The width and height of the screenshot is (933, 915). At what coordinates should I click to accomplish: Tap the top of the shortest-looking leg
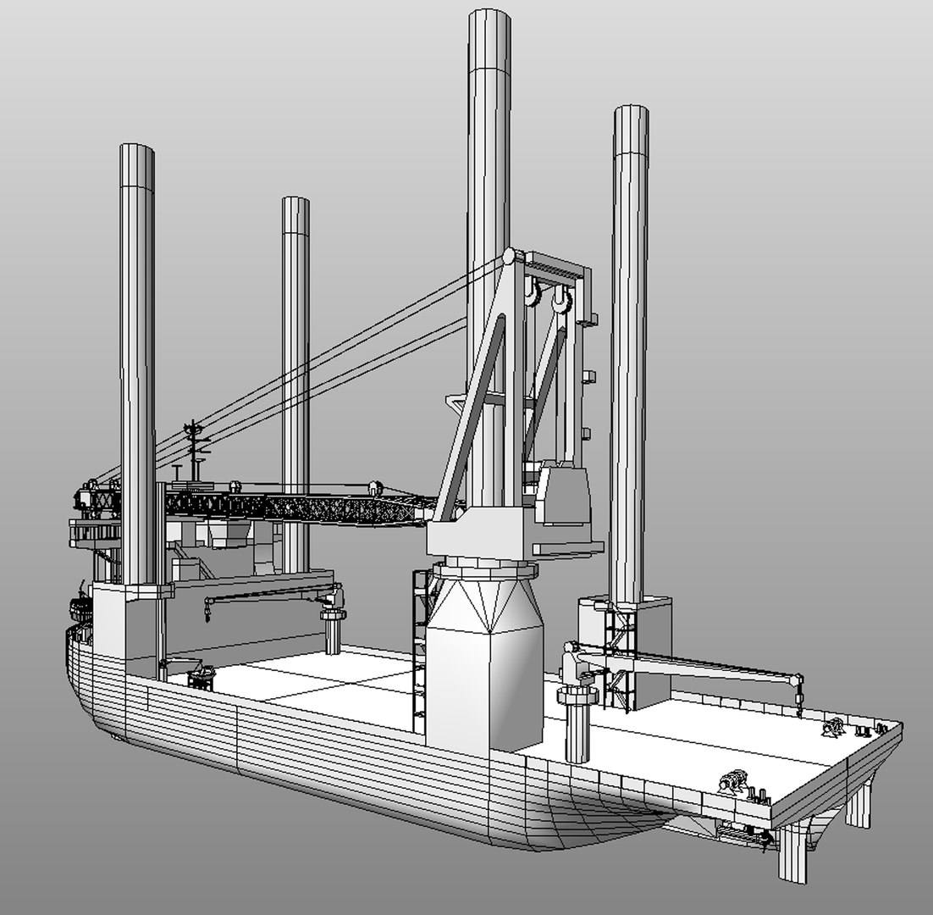[295, 203]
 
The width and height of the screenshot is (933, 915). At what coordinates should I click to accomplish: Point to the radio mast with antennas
[195, 445]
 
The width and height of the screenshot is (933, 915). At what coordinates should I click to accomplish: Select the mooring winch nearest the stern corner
[836, 727]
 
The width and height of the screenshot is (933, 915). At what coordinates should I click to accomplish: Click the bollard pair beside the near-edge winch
[757, 794]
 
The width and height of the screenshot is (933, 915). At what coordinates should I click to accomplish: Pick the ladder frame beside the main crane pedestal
[419, 644]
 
